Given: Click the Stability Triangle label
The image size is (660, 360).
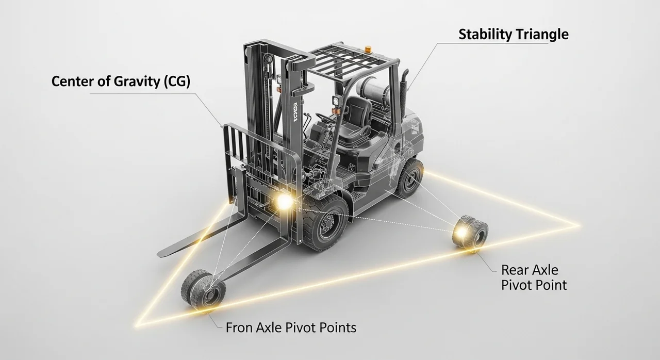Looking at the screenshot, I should point(513,35).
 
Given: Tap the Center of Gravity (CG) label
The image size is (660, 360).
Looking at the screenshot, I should point(121,82).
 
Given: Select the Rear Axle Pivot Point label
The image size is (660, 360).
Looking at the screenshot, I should point(534,277).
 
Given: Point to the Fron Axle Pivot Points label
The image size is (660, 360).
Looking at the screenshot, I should point(291,327).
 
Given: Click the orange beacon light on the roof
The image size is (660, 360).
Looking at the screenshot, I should point(368,50).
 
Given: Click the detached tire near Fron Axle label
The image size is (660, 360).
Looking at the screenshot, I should point(203,290).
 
